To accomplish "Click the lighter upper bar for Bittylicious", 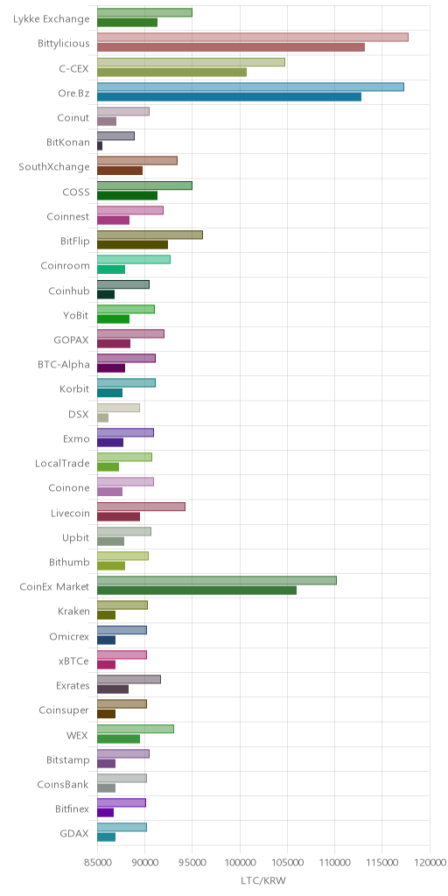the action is (x=253, y=37).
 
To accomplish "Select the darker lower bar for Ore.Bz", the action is (x=229, y=96).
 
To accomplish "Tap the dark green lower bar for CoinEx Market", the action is (x=197, y=591).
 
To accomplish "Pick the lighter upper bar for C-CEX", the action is (x=191, y=62).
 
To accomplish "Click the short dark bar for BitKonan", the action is (x=100, y=146).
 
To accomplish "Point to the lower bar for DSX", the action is (x=103, y=417).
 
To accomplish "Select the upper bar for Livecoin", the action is (x=141, y=507).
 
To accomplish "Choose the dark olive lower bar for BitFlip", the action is (x=133, y=245).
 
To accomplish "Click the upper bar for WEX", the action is (x=136, y=729).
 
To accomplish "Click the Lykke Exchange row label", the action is (x=52, y=19).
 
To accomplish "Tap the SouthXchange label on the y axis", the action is (x=54, y=167).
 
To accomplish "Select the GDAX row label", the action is (x=74, y=833).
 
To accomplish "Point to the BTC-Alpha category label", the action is (x=62, y=365).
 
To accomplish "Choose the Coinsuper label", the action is (x=63, y=710).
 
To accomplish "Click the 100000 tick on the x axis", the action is (x=240, y=862).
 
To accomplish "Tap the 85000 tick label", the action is (x=97, y=862).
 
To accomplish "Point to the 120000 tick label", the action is (x=430, y=862).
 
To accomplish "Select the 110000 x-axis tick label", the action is (x=335, y=862).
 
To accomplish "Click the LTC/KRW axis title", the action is (x=263, y=880).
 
